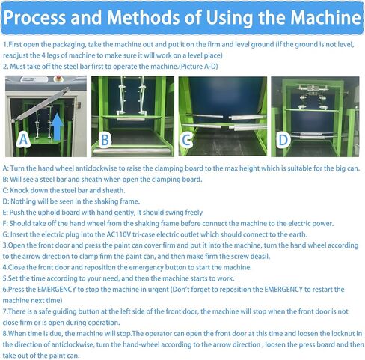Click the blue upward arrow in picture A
tap(58, 126)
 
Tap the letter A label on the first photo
tap(23, 139)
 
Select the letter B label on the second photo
tap(105, 140)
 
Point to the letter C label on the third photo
tap(186, 140)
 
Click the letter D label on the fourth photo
tap(283, 140)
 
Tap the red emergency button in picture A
tap(59, 79)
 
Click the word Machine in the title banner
tap(325, 18)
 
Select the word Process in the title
tap(34, 18)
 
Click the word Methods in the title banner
tap(144, 18)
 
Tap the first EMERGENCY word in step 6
tap(57, 290)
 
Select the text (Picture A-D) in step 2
tap(198, 67)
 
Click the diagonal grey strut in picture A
tap(40, 105)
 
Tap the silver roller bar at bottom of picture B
tap(132, 151)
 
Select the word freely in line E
tap(194, 213)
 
